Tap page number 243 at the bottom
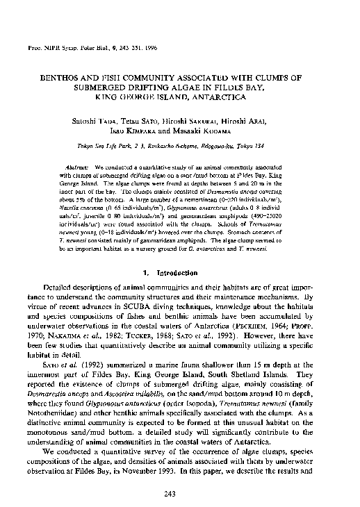point(180,494)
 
